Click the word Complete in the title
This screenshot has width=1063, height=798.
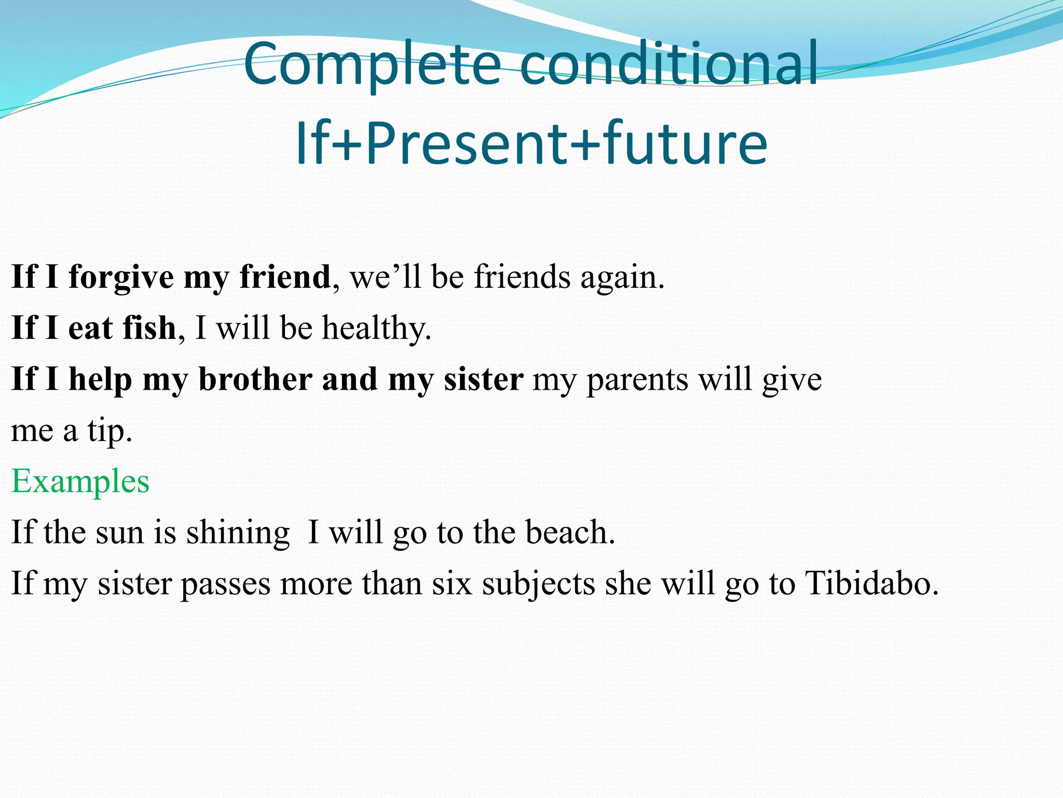click(372, 64)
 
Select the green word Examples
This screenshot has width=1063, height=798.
click(80, 482)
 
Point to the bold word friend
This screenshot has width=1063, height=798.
click(285, 276)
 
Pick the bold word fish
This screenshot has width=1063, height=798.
click(149, 328)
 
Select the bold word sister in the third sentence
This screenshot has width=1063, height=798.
click(483, 379)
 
